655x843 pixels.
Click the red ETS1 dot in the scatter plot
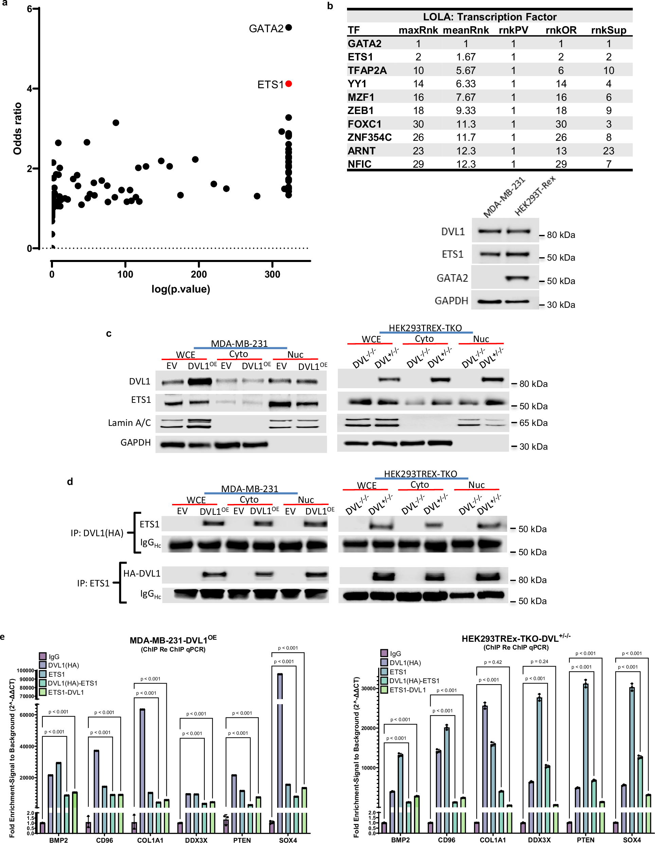[289, 84]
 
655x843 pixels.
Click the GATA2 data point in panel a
[289, 27]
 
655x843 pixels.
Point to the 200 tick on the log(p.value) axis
[199, 275]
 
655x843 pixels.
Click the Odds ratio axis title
[17, 129]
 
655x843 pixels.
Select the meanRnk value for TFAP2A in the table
[466, 70]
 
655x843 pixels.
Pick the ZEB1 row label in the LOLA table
[360, 111]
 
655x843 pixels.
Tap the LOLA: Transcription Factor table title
[489, 17]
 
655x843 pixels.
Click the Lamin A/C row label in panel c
[129, 423]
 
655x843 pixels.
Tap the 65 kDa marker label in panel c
[533, 423]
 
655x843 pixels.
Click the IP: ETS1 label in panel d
[93, 583]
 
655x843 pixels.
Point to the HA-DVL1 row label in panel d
[142, 573]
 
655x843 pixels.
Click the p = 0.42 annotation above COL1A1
[493, 662]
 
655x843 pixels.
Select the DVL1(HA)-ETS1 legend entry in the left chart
[72, 683]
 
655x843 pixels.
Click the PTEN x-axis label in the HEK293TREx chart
[585, 840]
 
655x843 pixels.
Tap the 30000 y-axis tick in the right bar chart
[368, 688]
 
